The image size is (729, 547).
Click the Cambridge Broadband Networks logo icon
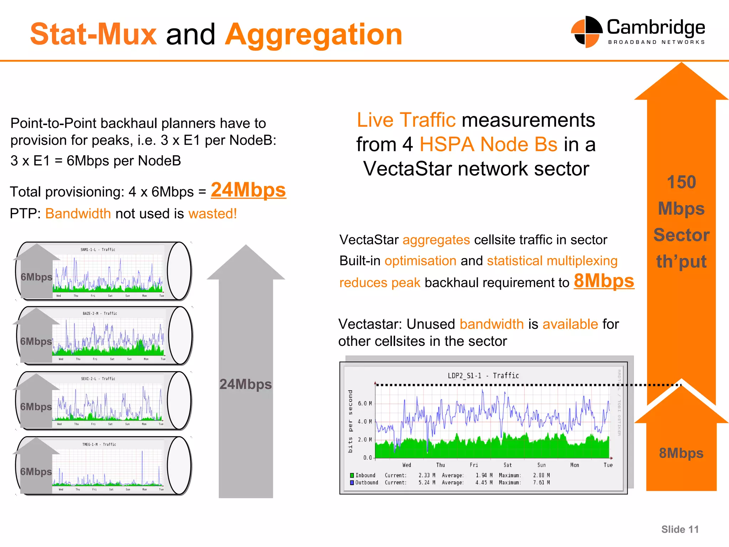[x=587, y=32]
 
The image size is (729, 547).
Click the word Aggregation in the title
[x=314, y=35]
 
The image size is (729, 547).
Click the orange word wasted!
[x=213, y=214]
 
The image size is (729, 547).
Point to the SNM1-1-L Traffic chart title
[x=98, y=250]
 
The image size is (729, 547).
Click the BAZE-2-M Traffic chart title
[x=100, y=313]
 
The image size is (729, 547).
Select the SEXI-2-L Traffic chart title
[x=98, y=379]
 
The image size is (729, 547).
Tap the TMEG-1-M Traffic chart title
[x=99, y=444]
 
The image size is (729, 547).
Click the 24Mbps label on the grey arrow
[x=245, y=384]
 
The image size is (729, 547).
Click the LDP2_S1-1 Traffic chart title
[x=483, y=375]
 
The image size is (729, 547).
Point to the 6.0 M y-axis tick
[x=364, y=403]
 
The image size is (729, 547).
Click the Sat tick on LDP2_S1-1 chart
[x=508, y=465]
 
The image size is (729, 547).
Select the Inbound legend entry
[x=363, y=475]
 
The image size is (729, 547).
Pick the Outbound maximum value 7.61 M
[x=541, y=483]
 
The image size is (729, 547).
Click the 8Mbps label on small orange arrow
[x=681, y=453]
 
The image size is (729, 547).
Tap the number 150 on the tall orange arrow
[x=681, y=182]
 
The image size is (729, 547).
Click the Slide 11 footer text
[x=680, y=530]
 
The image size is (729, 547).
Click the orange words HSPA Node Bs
[x=488, y=145]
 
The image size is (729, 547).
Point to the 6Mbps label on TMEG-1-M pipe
[x=36, y=472]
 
